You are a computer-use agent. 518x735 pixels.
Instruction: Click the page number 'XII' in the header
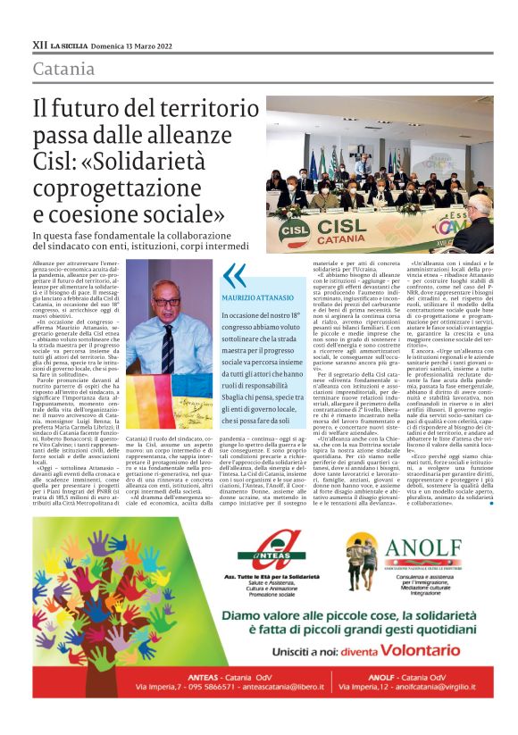(x=39, y=44)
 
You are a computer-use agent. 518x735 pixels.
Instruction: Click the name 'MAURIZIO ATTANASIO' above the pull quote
(x=257, y=296)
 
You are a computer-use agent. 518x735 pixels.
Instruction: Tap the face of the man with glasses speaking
(x=168, y=298)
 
